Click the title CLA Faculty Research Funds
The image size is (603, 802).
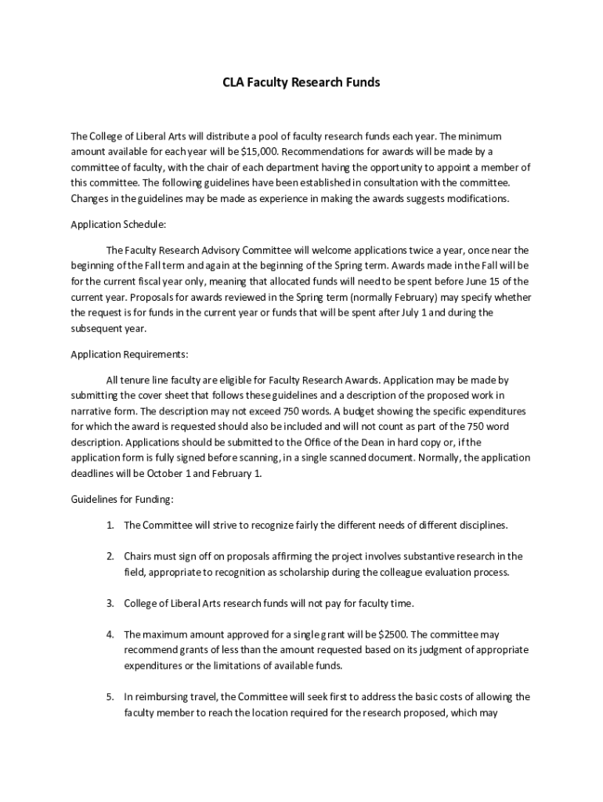click(301, 82)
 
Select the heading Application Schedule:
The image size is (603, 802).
click(118, 224)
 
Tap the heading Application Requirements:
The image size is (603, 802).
click(129, 354)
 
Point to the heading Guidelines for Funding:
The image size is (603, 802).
click(122, 499)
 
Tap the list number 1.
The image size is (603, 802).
click(111, 525)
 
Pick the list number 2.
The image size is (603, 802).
click(111, 556)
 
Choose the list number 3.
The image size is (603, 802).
click(111, 603)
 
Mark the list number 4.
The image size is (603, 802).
click(111, 634)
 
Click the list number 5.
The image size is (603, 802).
click(111, 696)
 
